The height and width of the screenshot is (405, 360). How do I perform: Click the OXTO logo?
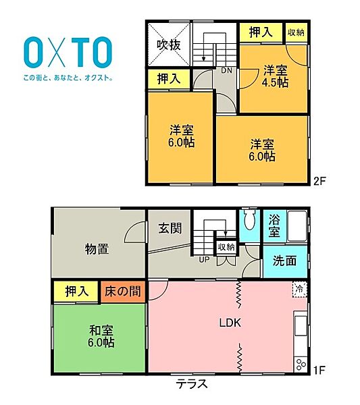pos(68,51)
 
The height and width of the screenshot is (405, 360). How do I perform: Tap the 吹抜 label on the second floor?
pos(168,45)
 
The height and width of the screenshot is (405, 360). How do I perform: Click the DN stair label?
pos(227,69)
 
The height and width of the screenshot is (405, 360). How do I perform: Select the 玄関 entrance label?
pos(170,228)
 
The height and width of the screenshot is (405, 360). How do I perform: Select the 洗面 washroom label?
pos(285,261)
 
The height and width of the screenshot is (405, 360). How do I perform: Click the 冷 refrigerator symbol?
pos(299,289)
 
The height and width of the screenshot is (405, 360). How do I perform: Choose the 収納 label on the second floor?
pos(295,32)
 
